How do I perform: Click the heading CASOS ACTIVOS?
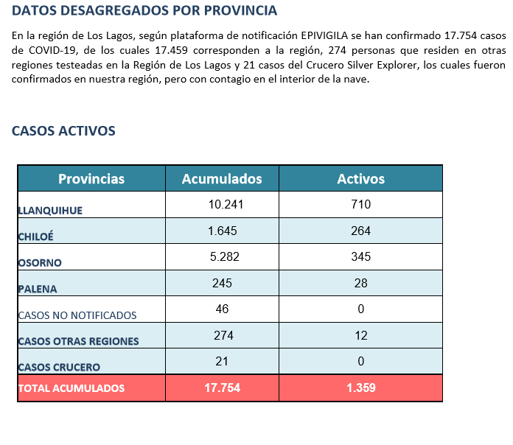[x=63, y=131]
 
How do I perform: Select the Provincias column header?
[x=91, y=179]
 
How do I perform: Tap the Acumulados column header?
[x=222, y=179]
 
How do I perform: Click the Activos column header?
[x=361, y=179]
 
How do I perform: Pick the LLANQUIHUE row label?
[x=50, y=211]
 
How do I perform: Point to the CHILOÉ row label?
[x=35, y=236]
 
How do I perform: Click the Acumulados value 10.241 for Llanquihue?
[x=226, y=204]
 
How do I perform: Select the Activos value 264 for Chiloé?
[x=361, y=231]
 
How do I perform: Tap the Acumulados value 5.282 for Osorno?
[x=224, y=256]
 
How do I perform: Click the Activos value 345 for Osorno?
[x=361, y=256]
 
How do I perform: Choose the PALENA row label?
[x=38, y=289]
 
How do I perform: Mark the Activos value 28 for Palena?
[x=361, y=283]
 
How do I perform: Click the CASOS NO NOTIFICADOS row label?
[x=77, y=315]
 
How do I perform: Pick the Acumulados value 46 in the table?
[x=222, y=309]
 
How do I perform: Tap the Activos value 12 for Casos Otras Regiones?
[x=361, y=335]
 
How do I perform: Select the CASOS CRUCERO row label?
[x=59, y=367]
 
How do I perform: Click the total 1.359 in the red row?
[x=361, y=388]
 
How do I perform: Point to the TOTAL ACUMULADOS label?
[x=71, y=388]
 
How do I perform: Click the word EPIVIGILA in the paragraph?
[x=324, y=35]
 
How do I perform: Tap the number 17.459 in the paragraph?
[x=172, y=50]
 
